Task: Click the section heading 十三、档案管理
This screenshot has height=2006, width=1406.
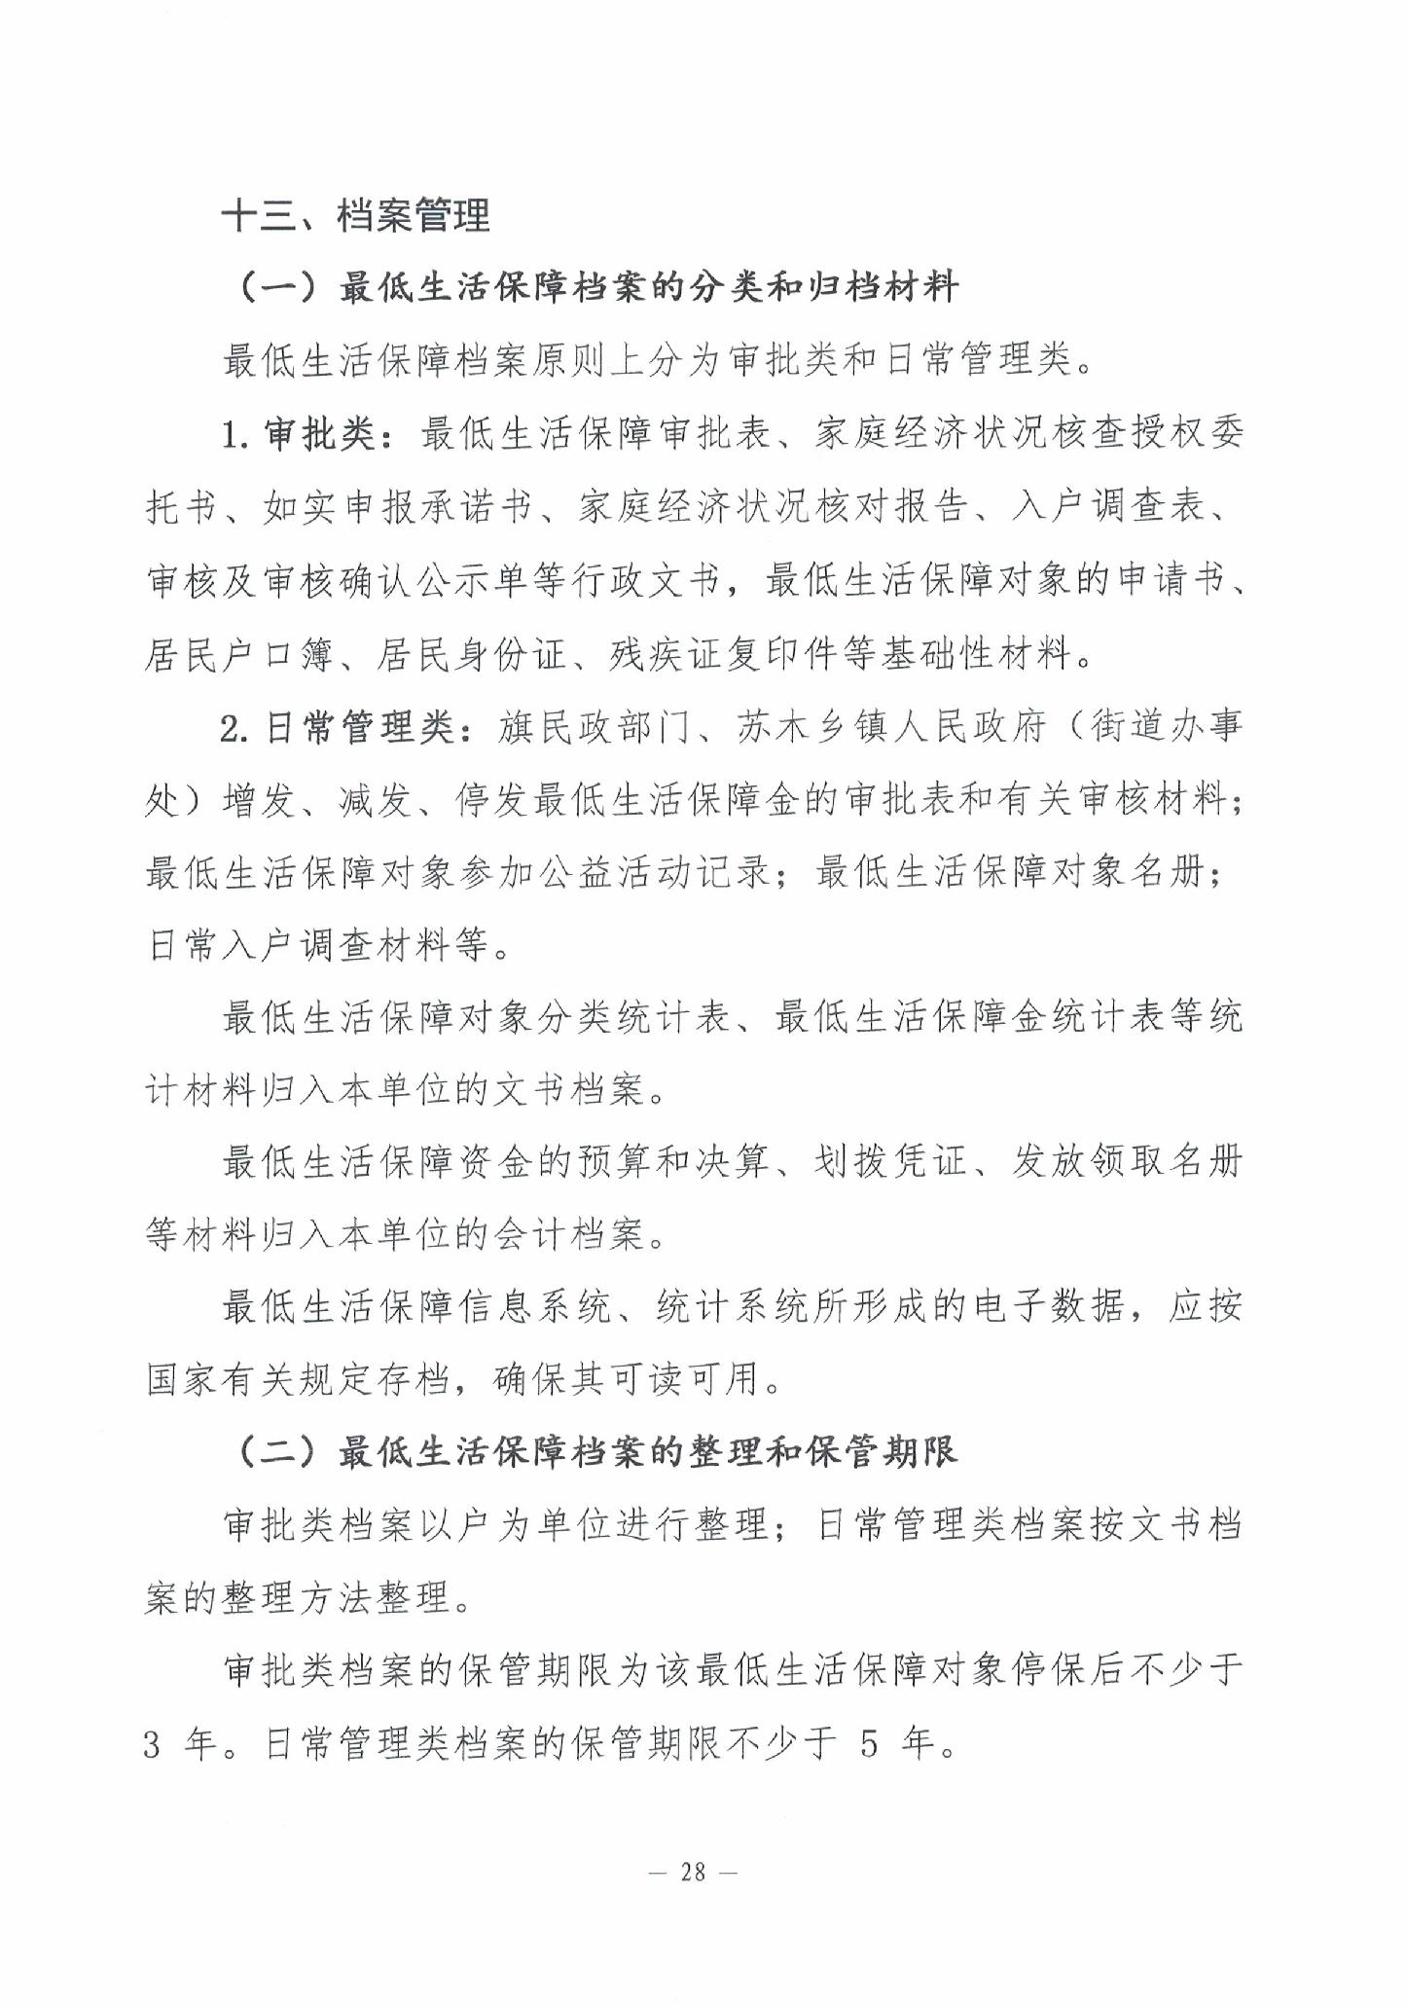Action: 356,215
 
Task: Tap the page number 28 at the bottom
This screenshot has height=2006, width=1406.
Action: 693,1872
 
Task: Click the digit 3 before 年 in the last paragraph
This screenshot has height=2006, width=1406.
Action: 153,1745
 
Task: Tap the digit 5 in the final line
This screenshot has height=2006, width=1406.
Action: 869,1745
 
